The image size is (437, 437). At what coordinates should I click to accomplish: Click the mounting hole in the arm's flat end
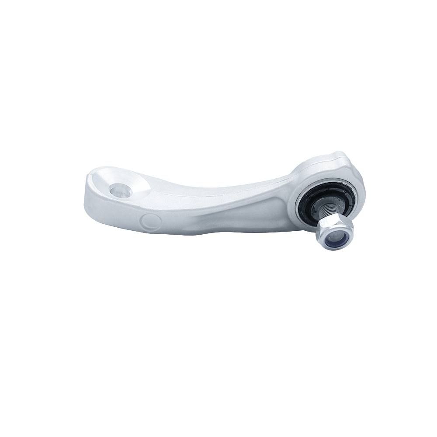pos(119,190)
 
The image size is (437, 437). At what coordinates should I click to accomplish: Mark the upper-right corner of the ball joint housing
pos(352,162)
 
